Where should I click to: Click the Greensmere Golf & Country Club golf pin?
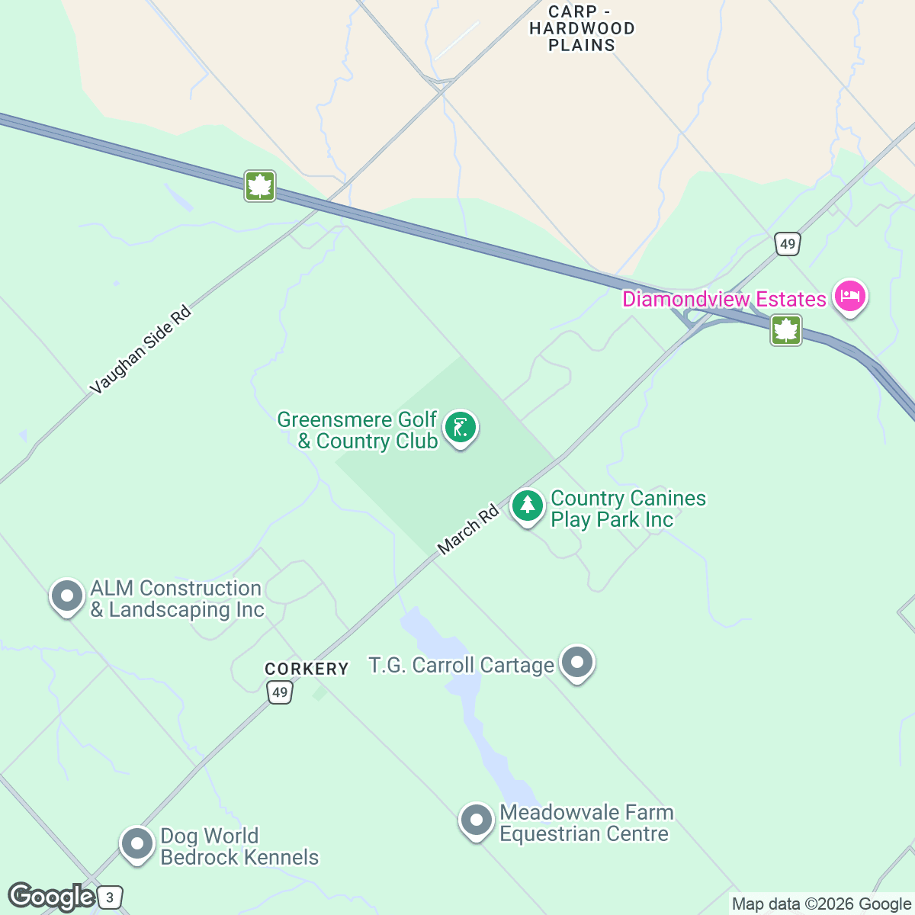(460, 428)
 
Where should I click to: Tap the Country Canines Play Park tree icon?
(527, 506)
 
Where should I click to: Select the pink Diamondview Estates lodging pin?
(849, 296)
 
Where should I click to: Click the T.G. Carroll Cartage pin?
(577, 662)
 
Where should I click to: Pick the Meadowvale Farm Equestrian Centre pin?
(477, 820)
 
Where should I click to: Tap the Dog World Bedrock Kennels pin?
(138, 844)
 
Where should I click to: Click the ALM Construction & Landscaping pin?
(67, 596)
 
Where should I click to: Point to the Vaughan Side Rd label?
(140, 351)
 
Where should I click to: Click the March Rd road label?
(468, 529)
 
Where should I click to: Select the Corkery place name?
(307, 669)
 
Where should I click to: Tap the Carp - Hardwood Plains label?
(582, 29)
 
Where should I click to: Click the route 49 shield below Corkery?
(280, 692)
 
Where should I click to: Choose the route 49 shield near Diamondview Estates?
(787, 245)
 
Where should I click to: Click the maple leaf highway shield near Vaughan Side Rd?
(260, 186)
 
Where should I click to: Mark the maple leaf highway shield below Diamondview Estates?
(786, 331)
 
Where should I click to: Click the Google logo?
(51, 897)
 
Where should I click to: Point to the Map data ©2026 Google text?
(821, 904)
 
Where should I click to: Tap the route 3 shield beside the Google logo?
(111, 897)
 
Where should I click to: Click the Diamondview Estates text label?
(724, 299)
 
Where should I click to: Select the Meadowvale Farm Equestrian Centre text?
(586, 823)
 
